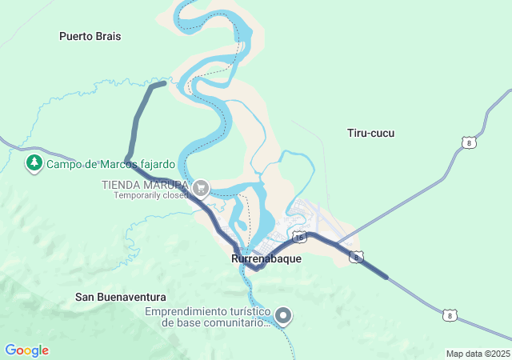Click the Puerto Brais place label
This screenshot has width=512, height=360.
click(89, 36)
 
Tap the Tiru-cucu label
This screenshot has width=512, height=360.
click(371, 133)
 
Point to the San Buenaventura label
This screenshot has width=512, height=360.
click(121, 297)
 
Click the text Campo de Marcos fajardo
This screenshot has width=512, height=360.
click(110, 165)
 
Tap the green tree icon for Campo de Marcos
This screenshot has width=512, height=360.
click(34, 164)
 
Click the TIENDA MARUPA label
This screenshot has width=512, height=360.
click(144, 185)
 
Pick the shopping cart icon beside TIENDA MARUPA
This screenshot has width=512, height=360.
click(201, 189)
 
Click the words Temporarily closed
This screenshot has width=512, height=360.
click(150, 195)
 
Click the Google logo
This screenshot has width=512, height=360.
click(26, 350)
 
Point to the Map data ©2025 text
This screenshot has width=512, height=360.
click(478, 354)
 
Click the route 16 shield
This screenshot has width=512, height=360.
click(299, 238)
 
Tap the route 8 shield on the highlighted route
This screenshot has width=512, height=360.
click(357, 257)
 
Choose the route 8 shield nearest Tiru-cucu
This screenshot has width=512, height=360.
click(469, 143)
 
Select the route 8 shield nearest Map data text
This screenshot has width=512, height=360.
click(450, 316)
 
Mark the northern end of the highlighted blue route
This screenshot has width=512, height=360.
click(164, 82)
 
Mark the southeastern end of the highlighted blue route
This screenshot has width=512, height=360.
click(387, 278)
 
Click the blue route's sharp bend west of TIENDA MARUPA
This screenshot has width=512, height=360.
click(128, 158)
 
